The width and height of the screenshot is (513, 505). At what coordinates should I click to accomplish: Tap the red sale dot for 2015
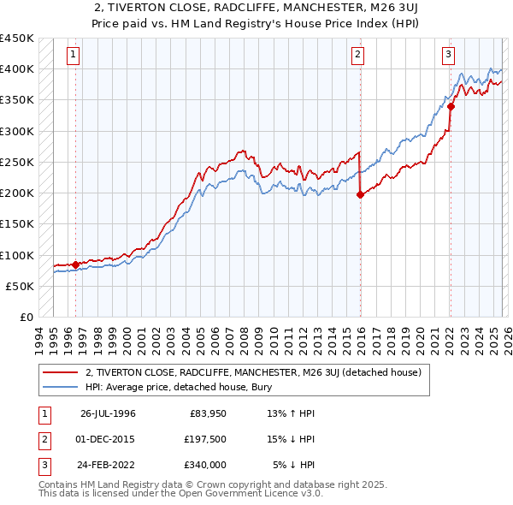[x=360, y=194]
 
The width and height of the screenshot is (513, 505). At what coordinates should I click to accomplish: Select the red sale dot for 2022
[x=450, y=107]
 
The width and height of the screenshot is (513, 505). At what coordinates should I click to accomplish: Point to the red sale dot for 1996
[x=75, y=264]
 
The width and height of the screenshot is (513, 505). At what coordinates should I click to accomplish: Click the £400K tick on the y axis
[x=16, y=69]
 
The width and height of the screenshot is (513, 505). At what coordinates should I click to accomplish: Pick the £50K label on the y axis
[x=20, y=287]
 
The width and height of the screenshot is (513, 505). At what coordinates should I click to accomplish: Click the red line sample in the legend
[x=62, y=373]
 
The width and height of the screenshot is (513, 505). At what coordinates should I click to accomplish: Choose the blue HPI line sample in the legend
[x=62, y=387]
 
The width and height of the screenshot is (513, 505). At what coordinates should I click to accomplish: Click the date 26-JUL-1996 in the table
[x=108, y=413]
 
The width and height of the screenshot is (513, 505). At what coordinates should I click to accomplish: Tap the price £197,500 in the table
[x=203, y=439]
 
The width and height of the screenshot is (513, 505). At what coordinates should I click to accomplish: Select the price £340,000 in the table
[x=203, y=465]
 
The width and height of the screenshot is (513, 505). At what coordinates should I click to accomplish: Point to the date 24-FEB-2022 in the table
[x=108, y=465]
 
